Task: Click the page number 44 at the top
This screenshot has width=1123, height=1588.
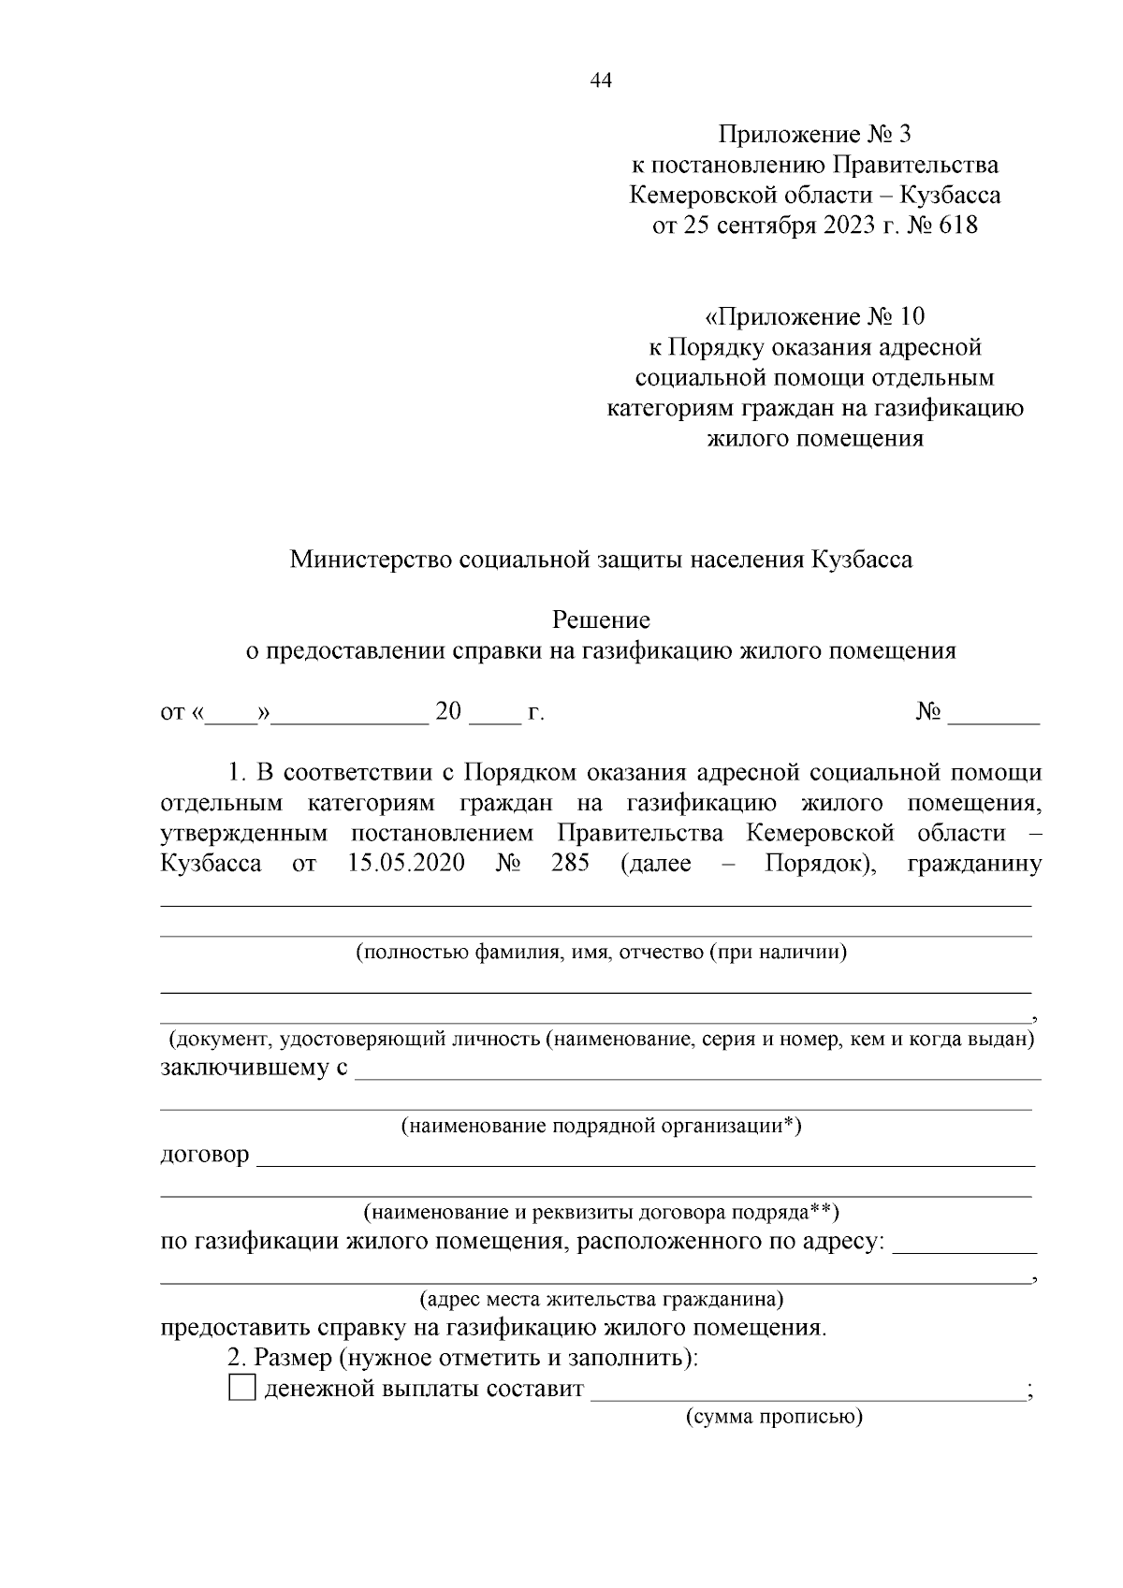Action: (601, 81)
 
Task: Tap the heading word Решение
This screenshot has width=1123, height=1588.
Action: (601, 620)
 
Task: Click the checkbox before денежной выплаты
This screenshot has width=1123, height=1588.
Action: (241, 1388)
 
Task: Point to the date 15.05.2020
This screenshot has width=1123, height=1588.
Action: (406, 863)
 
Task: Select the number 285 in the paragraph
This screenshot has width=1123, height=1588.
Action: (570, 863)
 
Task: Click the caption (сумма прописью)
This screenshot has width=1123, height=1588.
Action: (774, 1417)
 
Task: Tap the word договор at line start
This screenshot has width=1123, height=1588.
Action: (205, 1155)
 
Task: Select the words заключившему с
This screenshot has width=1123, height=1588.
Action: (254, 1068)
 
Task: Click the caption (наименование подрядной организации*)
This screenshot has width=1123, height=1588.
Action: (601, 1126)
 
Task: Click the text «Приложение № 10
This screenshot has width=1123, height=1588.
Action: (814, 316)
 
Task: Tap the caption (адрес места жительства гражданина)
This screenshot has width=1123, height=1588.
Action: (601, 1300)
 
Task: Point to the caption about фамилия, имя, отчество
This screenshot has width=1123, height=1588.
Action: (601, 953)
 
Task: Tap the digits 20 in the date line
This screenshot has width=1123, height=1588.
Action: (449, 712)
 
